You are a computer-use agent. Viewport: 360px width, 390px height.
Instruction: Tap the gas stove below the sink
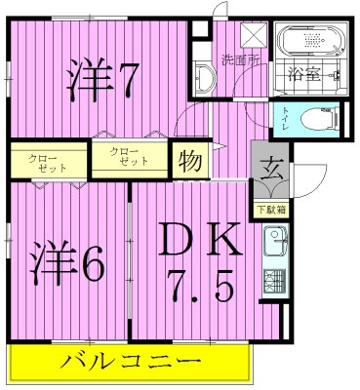pyautogui.click(x=272, y=284)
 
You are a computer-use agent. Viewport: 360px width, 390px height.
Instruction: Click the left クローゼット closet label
pyautogui.click(x=43, y=162)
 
